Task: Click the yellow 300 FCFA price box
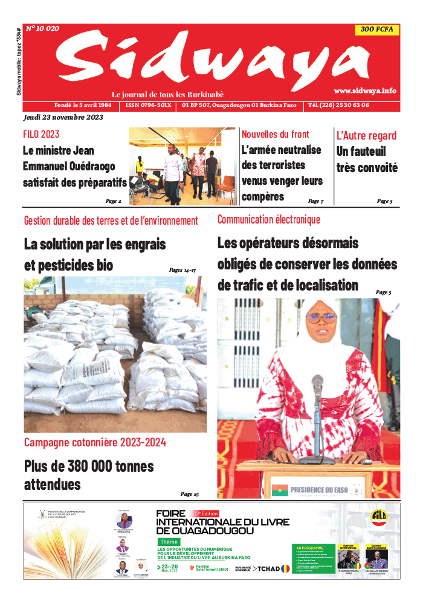tap(376, 30)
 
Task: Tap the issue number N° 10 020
tap(42, 28)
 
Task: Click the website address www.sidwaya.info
tap(365, 91)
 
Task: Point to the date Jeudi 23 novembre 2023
tap(63, 117)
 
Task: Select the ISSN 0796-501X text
tap(149, 105)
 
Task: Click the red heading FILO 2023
tap(41, 134)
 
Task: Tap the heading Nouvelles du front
tap(275, 134)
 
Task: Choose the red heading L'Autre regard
tap(366, 135)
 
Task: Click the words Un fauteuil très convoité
tap(367, 159)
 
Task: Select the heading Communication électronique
tap(269, 220)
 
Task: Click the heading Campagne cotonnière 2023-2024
tap(95, 443)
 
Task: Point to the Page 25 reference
tap(189, 494)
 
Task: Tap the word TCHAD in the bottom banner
tap(271, 568)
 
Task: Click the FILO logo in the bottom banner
tap(379, 518)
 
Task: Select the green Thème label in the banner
tap(169, 542)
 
